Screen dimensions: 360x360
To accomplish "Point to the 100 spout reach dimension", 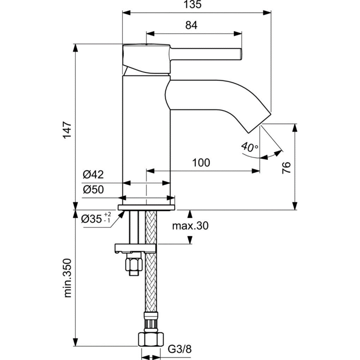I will [x=201, y=163].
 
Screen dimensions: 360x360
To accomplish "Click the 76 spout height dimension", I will [x=286, y=168].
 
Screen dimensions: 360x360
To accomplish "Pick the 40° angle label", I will [x=250, y=147].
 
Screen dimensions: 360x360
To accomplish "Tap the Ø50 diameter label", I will [x=93, y=190].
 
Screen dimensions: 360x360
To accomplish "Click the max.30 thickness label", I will [x=190, y=226].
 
